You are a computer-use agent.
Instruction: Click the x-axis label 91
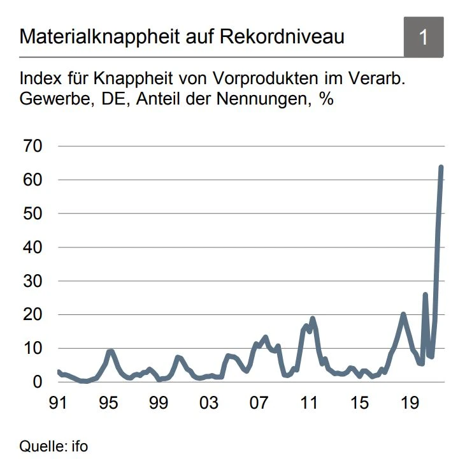tap(59, 404)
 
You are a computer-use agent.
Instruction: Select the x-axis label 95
tap(109, 404)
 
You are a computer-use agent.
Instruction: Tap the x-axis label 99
tap(159, 404)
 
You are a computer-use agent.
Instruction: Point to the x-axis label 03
tap(209, 404)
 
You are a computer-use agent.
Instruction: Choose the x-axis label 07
tap(259, 404)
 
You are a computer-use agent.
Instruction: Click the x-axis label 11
tap(309, 404)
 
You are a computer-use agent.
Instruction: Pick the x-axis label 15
tap(359, 404)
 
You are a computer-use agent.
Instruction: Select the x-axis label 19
tap(409, 404)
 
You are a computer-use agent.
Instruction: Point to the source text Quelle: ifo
tap(54, 446)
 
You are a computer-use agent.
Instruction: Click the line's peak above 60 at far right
tap(441, 168)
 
